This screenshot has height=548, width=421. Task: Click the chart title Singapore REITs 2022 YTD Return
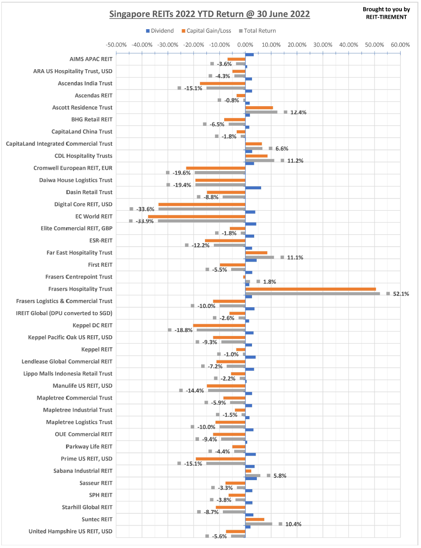(209, 14)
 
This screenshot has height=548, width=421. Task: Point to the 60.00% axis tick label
(400, 45)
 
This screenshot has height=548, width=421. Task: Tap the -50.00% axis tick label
(116, 45)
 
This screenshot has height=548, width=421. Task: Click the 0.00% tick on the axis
(245, 45)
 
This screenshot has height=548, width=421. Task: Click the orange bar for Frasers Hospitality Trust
(310, 289)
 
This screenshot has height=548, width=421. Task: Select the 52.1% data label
(401, 294)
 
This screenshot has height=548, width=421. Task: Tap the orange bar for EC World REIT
(196, 216)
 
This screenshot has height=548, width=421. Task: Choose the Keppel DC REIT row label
(92, 326)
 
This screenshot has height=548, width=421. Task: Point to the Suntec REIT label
(97, 519)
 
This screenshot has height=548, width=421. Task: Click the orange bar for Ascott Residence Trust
(259, 108)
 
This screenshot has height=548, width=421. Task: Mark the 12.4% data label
(298, 112)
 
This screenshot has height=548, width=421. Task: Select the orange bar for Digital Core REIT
(202, 204)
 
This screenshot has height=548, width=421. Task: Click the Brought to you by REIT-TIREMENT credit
(386, 13)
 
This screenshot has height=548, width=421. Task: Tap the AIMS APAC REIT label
(91, 59)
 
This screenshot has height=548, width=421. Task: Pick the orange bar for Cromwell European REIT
(215, 168)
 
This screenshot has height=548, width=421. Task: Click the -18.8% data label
(183, 330)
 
